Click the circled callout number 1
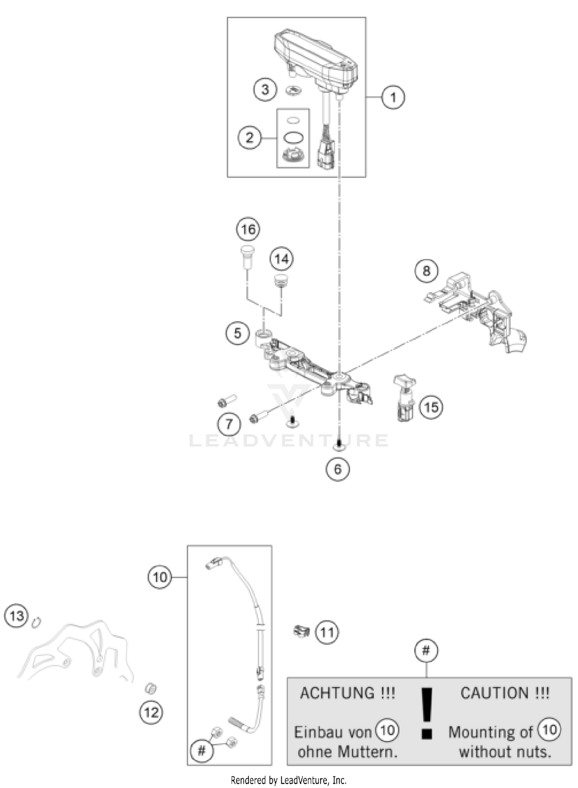pos(393,97)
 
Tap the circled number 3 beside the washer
pos(265,90)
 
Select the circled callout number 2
pos(249,137)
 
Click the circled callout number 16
pos(248,230)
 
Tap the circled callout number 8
pos(426,271)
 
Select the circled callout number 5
pos(237,333)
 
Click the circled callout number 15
pos(431,407)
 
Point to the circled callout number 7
pos(229,424)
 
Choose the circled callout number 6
pos(338,469)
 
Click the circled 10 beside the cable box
pos(160,577)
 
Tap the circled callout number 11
pos(327,632)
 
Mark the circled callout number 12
pos(151,713)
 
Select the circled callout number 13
pos(17,616)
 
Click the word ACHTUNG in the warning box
pos(337,693)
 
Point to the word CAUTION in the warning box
pos(494,693)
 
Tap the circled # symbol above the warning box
pos(426,651)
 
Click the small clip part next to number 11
pos(301,631)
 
